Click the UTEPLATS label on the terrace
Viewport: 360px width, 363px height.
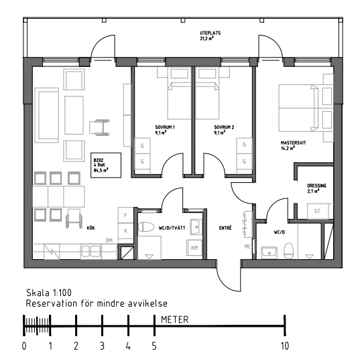[210, 33]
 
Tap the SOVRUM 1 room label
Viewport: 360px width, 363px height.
[165, 127]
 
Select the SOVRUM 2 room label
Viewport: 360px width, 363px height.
[224, 127]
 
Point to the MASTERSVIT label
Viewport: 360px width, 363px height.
[293, 143]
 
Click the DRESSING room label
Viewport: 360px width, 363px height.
[316, 186]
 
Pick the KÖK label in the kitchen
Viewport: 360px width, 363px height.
[91, 228]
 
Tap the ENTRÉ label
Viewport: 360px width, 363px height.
[225, 228]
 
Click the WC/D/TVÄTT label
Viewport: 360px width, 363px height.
[172, 228]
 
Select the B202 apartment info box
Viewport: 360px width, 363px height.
[106, 165]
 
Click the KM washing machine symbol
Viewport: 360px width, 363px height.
[194, 248]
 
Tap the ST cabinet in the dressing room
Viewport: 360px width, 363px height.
[318, 211]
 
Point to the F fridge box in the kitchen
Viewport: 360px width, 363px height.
[126, 215]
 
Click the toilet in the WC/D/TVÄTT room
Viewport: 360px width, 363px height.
[146, 227]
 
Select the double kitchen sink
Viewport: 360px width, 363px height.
[91, 251]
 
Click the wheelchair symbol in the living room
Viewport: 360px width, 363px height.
[99, 127]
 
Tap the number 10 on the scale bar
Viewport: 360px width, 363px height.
[285, 346]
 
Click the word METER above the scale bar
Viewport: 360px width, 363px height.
[175, 319]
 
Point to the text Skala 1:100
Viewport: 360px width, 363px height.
[49, 293]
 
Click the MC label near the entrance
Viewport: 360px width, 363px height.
[247, 246]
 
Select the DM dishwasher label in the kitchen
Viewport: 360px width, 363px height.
[109, 240]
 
